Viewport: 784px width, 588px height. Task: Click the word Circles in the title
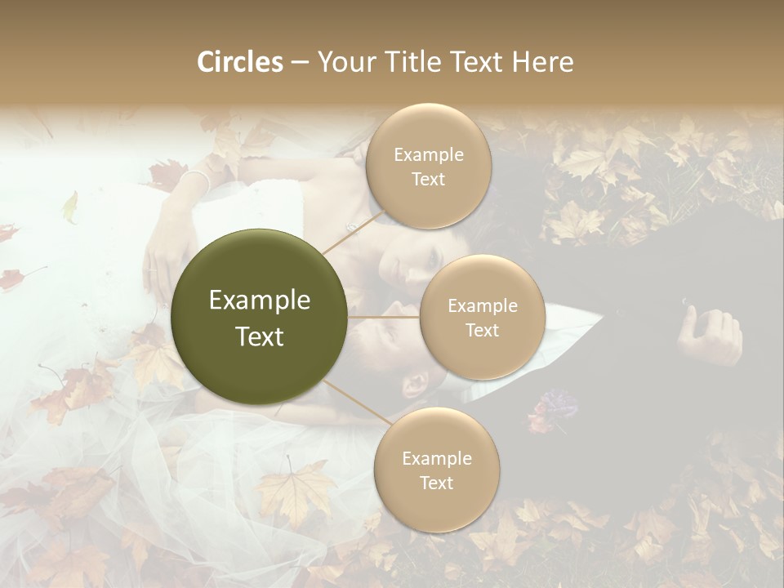pos(240,62)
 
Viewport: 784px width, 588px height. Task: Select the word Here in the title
pos(543,62)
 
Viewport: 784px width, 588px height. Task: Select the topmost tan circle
pos(428,166)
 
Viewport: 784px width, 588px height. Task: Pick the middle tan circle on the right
pos(482,317)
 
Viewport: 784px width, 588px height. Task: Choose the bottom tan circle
pos(436,470)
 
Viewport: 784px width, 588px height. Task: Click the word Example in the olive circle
pos(260,301)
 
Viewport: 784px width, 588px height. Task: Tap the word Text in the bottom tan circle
pos(436,483)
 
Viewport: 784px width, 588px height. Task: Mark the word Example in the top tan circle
pos(428,154)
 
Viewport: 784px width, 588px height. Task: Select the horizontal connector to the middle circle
pos(384,317)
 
